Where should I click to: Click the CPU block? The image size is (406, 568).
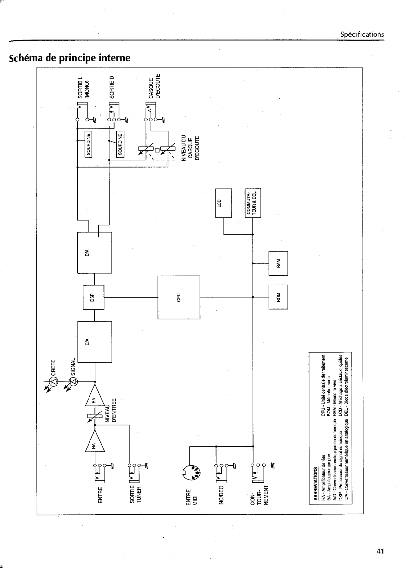(x=179, y=297)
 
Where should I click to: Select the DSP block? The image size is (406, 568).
(x=93, y=297)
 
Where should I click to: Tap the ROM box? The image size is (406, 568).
(x=278, y=297)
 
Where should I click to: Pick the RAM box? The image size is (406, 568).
(x=278, y=263)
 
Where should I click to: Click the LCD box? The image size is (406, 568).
(x=223, y=203)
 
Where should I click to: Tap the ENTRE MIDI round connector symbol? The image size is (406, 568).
(x=190, y=474)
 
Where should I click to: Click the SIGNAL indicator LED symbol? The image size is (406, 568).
(x=73, y=381)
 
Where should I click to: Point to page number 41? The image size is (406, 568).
(x=380, y=551)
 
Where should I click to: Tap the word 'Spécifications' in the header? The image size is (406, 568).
(x=362, y=34)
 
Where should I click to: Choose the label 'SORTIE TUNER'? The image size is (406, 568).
(x=135, y=494)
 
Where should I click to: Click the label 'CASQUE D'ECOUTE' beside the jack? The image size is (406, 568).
(x=155, y=86)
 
